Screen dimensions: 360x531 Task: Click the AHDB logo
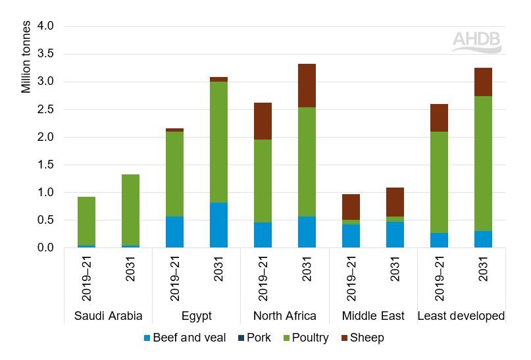point(476,41)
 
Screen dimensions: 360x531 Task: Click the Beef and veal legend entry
point(185,338)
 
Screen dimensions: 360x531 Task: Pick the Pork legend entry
point(258,338)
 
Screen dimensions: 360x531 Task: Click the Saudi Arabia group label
point(108,316)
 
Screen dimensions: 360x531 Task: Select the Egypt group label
point(196,316)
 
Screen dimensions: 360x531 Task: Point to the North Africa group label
point(284,316)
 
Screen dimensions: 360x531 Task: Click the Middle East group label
point(373,316)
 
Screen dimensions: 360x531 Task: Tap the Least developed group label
point(461,316)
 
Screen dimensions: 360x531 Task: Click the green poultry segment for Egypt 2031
point(218,141)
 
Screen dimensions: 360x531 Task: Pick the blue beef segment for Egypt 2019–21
point(174,232)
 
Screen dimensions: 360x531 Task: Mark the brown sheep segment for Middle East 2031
point(395,201)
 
